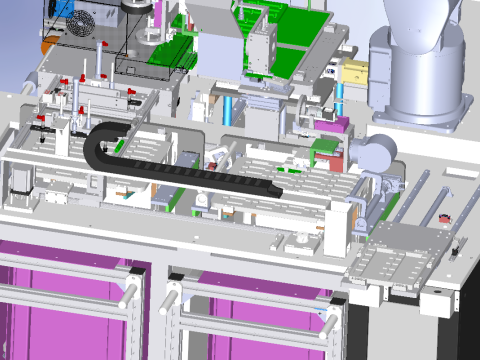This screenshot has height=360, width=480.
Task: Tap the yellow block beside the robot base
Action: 356,71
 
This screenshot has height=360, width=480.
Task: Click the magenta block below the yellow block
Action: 339,126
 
